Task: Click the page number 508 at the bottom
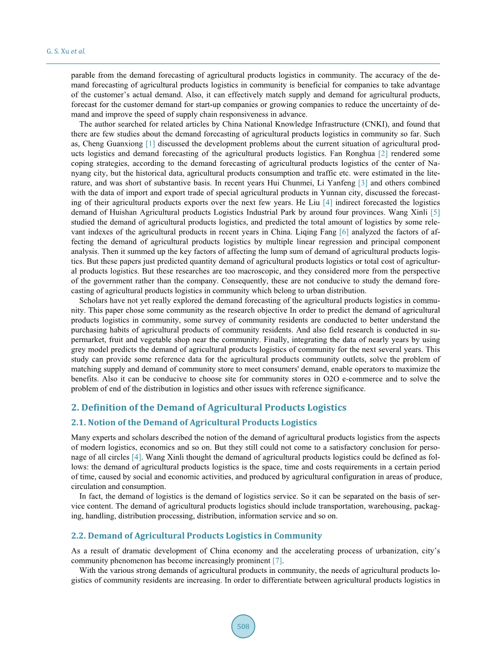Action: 243,626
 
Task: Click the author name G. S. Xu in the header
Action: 57,51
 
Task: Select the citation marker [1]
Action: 150,144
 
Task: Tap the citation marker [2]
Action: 383,154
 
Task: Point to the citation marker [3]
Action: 362,183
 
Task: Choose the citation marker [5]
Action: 435,212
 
